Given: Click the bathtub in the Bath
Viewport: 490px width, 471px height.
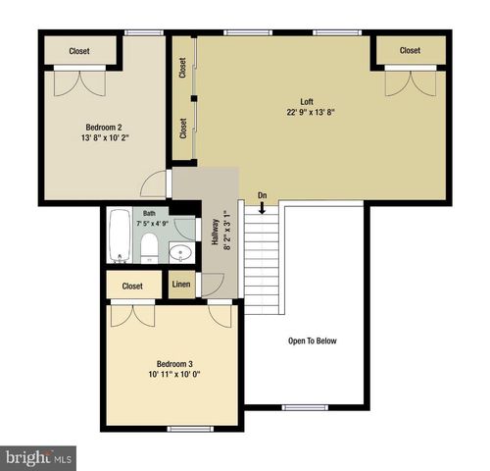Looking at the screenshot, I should tap(120, 236).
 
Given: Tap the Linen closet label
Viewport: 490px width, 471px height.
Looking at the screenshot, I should tap(181, 286).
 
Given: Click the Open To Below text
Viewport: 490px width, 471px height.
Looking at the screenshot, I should tap(312, 340).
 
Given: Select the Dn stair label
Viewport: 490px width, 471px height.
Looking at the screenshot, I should tap(262, 195).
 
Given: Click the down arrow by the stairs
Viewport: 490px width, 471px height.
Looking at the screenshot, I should tap(262, 206).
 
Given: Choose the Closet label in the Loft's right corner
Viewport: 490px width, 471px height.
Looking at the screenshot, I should tap(409, 51).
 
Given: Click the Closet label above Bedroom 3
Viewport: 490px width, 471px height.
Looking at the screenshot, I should tap(133, 287).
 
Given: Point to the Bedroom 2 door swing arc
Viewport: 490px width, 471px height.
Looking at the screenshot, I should tap(152, 183).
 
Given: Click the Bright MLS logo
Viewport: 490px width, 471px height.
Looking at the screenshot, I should tap(38, 456).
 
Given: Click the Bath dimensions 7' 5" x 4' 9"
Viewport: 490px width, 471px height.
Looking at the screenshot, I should tap(152, 224).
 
